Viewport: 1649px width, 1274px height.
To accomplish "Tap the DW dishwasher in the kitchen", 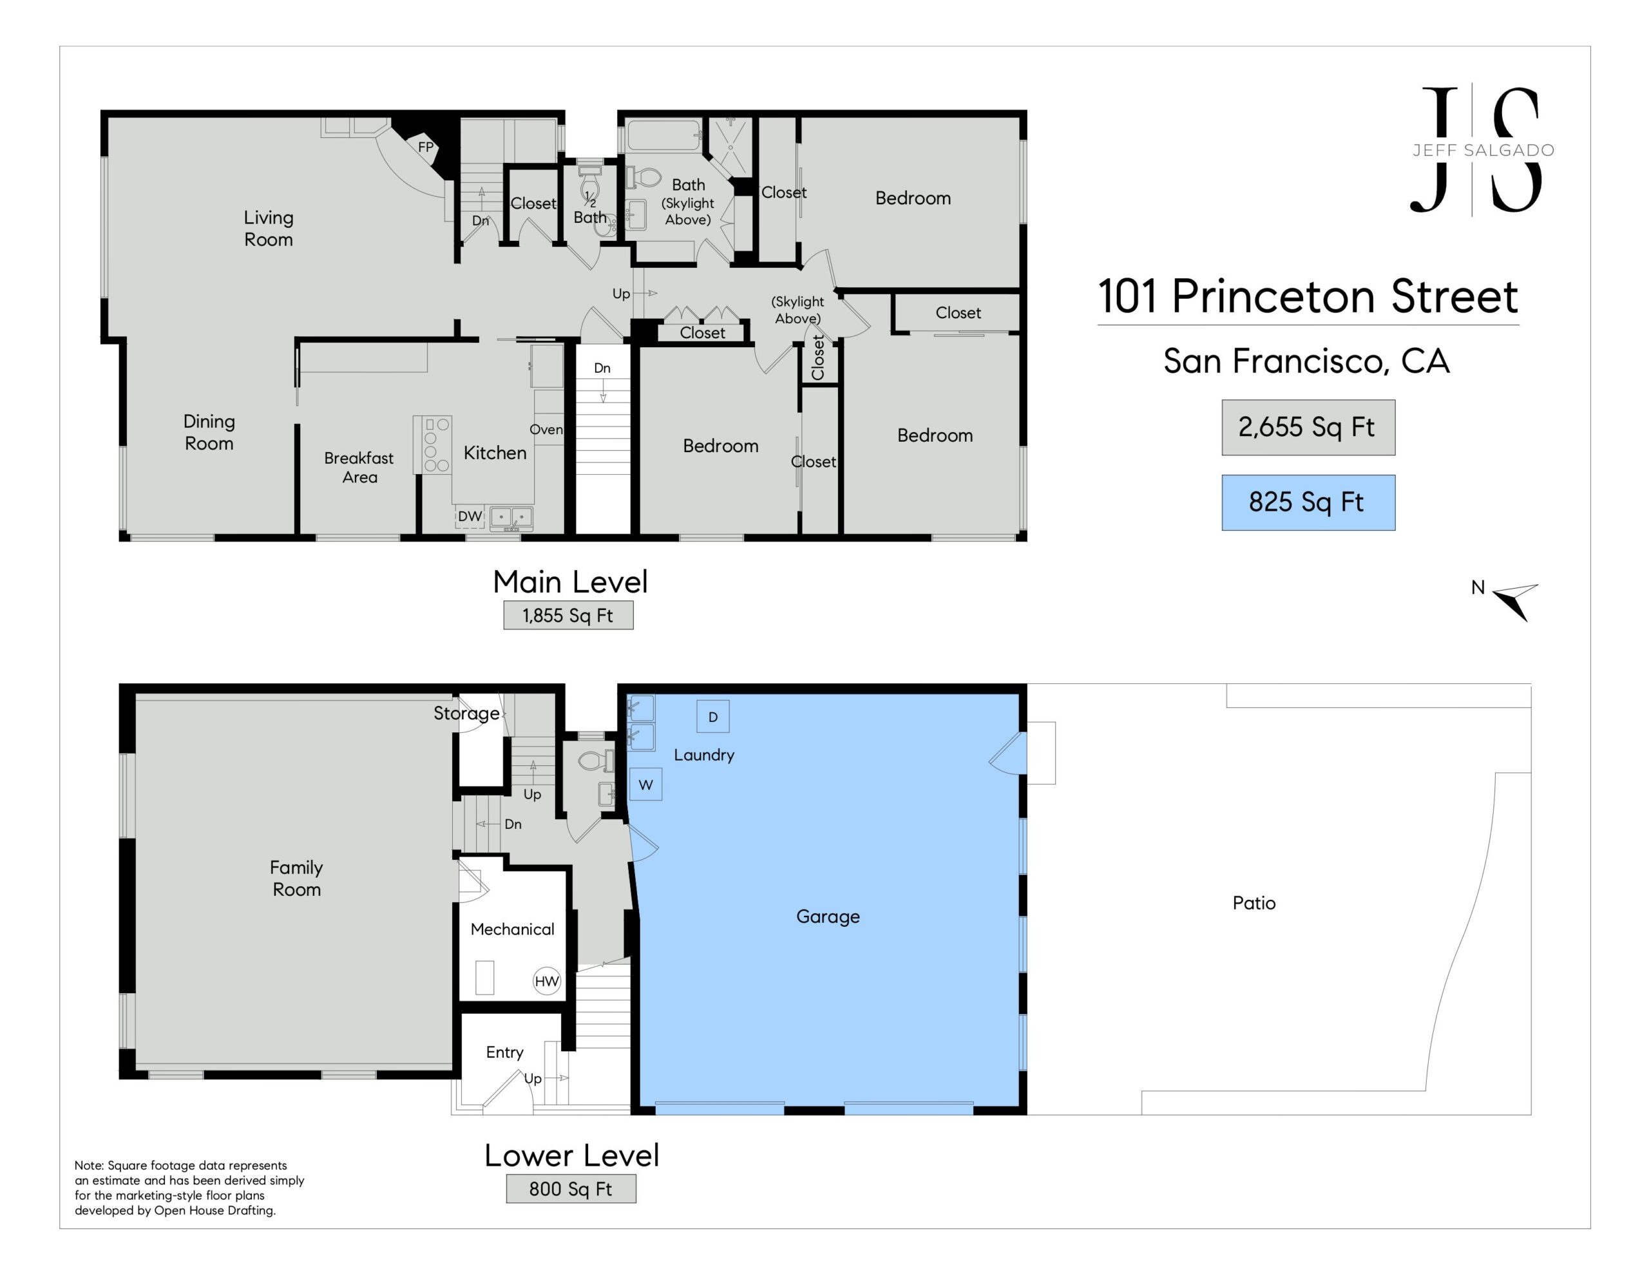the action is [470, 517].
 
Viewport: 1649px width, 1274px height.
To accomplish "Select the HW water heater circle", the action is [547, 981].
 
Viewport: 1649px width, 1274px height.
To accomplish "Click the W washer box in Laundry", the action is [645, 784].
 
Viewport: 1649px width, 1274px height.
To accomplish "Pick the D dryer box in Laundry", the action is [713, 717].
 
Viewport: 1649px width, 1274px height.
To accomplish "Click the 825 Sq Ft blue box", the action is [1308, 502].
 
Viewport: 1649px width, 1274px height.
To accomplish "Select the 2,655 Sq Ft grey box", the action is [1308, 428].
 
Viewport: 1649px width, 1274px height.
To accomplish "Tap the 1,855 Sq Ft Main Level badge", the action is [569, 616].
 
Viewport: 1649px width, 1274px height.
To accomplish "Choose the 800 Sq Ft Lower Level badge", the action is [571, 1190].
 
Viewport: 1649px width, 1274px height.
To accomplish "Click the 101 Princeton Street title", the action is [1308, 296].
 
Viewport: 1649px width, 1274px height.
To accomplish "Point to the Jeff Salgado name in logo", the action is [1483, 150].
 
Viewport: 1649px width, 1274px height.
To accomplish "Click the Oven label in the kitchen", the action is [546, 430].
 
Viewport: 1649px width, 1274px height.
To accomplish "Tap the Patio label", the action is [1254, 903].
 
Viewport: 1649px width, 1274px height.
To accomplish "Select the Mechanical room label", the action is [513, 929].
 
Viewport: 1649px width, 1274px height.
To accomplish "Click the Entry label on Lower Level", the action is [504, 1052].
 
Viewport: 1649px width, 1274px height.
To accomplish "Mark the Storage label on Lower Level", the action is [466, 714].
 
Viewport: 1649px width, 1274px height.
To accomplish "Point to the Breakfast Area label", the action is [359, 468].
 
